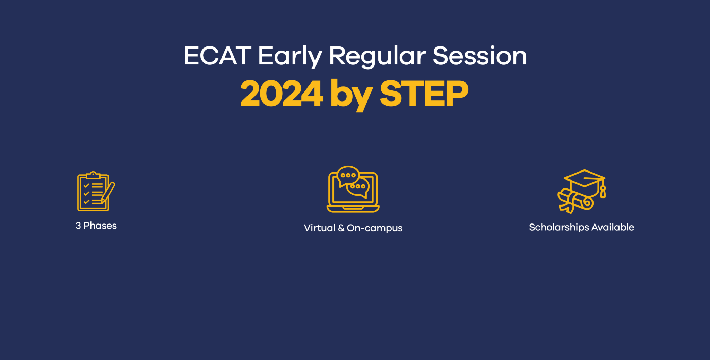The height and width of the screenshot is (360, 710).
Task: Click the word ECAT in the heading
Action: [217, 56]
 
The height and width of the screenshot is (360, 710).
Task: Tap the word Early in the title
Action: [290, 56]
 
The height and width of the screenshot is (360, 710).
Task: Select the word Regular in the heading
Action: [377, 56]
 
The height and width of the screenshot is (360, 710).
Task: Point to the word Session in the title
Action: [479, 56]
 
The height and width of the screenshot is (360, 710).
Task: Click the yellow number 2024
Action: [282, 94]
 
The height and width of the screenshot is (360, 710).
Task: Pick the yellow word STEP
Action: [424, 94]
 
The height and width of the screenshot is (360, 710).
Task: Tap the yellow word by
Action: [351, 94]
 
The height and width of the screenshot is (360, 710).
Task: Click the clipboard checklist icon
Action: [93, 192]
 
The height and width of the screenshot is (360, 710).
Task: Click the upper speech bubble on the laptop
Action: [348, 175]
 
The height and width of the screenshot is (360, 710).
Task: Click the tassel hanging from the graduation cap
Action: [603, 192]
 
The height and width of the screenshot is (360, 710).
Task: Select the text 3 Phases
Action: [96, 226]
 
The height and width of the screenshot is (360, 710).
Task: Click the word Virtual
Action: [319, 228]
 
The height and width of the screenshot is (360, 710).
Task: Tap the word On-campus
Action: [374, 228]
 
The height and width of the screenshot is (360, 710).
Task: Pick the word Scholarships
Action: [559, 227]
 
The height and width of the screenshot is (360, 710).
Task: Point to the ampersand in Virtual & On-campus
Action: [341, 228]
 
